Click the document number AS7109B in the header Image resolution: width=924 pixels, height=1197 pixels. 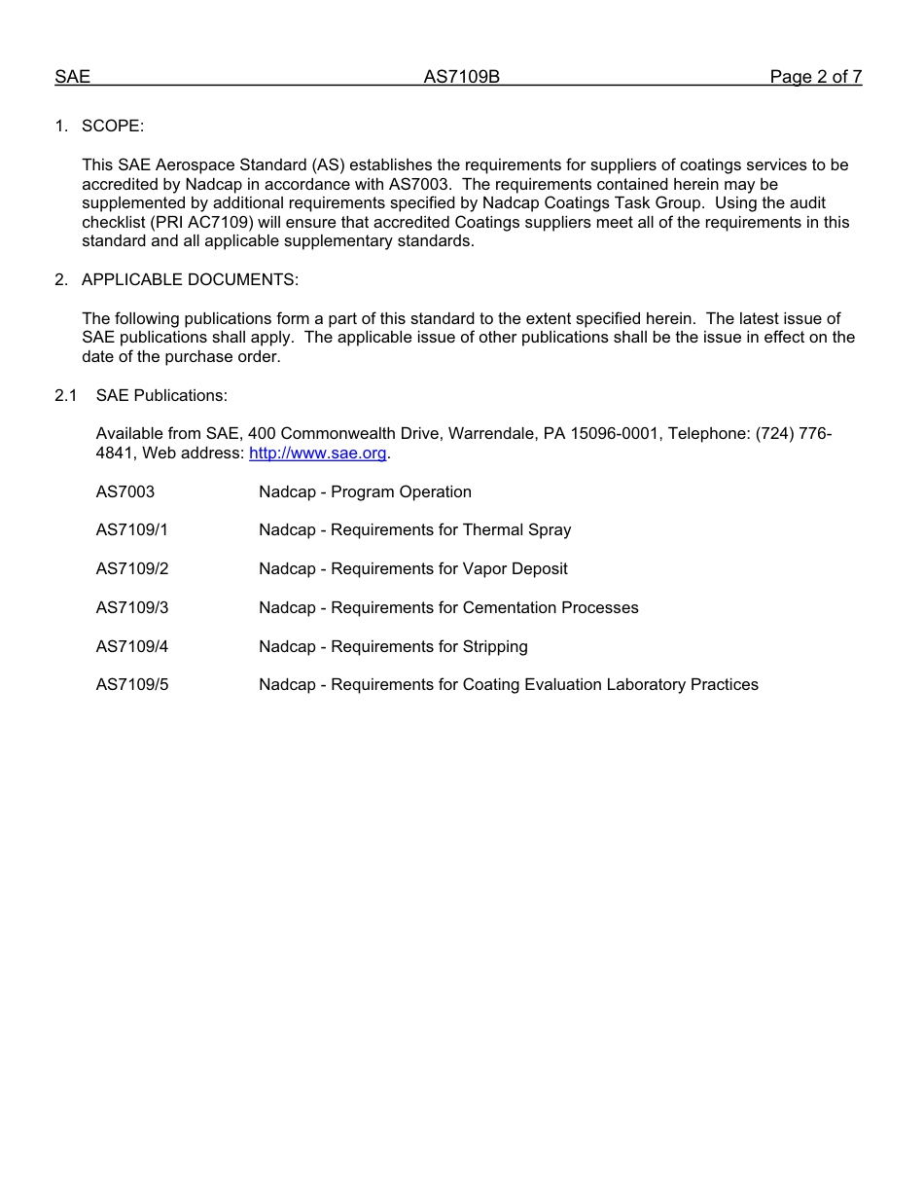[461, 77]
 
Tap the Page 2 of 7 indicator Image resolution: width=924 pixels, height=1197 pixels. [815, 77]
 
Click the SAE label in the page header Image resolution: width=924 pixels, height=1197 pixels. [72, 77]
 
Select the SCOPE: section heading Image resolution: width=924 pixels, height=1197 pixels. [113, 126]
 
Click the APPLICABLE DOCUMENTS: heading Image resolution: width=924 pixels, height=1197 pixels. [190, 280]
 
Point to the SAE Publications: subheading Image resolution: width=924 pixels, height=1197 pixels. [161, 395]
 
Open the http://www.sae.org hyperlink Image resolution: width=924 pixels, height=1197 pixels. [317, 453]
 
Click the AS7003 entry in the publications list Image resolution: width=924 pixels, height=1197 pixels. [124, 492]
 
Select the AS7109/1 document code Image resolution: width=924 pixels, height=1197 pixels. [131, 530]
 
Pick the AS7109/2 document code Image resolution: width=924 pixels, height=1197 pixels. [131, 569]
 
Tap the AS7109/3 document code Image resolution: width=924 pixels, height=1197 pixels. [131, 608]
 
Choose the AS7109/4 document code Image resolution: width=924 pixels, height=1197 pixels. [131, 647]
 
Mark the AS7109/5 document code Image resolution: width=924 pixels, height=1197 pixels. [131, 685]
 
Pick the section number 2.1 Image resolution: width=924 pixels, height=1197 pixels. [65, 395]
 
